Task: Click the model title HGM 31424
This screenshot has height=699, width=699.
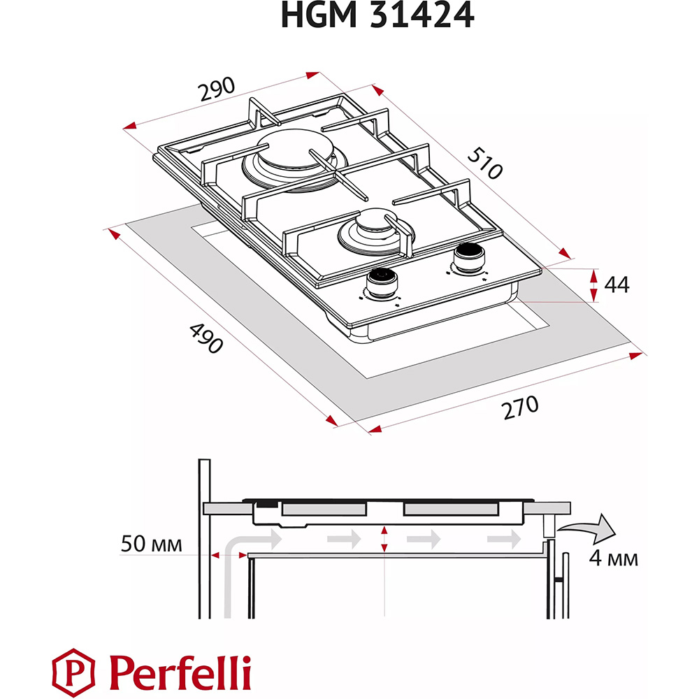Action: point(377,15)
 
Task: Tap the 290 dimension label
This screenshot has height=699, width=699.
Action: point(217,89)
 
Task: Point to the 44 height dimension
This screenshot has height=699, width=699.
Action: point(617,284)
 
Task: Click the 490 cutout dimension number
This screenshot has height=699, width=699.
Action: point(206,338)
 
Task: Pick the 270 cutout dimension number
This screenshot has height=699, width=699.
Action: point(520,408)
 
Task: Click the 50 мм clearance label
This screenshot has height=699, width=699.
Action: point(152,544)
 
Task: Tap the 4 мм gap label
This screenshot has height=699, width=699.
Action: point(614,558)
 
